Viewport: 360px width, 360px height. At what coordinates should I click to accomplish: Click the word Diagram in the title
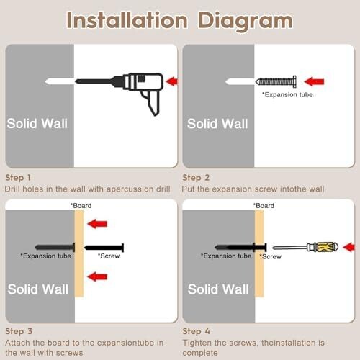pyautogui.click(x=245, y=21)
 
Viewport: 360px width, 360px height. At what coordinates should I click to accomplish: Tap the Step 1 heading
pyautogui.click(x=18, y=178)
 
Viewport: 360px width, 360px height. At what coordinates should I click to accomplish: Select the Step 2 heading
pyautogui.click(x=196, y=178)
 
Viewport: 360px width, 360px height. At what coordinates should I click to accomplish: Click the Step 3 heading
pyautogui.click(x=19, y=331)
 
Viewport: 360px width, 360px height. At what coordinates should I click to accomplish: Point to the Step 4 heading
pyautogui.click(x=196, y=331)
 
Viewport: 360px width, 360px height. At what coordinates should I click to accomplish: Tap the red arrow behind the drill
pyautogui.click(x=172, y=81)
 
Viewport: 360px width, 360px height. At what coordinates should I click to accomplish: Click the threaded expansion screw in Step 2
pyautogui.click(x=276, y=81)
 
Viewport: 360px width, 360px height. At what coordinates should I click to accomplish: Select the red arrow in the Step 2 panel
pyautogui.click(x=314, y=81)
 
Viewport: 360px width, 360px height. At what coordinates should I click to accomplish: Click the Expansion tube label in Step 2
pyautogui.click(x=287, y=95)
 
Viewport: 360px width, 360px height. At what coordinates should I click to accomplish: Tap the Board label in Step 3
pyautogui.click(x=81, y=206)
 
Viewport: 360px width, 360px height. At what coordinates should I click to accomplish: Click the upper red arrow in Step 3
pyautogui.click(x=97, y=224)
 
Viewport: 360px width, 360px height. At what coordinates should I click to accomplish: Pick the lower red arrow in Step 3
pyautogui.click(x=97, y=276)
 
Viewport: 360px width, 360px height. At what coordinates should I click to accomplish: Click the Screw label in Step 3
pyautogui.click(x=109, y=256)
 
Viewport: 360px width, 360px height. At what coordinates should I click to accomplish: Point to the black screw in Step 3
pyautogui.click(x=104, y=248)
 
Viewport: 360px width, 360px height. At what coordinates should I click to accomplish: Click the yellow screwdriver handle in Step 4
pyautogui.click(x=327, y=247)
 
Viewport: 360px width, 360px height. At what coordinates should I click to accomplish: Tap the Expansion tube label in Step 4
pyautogui.click(x=226, y=256)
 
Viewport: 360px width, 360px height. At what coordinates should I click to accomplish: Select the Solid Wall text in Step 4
pyautogui.click(x=218, y=289)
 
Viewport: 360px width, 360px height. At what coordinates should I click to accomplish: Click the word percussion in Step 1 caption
pyautogui.click(x=130, y=189)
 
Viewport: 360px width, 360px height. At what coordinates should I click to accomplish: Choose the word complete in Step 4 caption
pyautogui.click(x=200, y=353)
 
